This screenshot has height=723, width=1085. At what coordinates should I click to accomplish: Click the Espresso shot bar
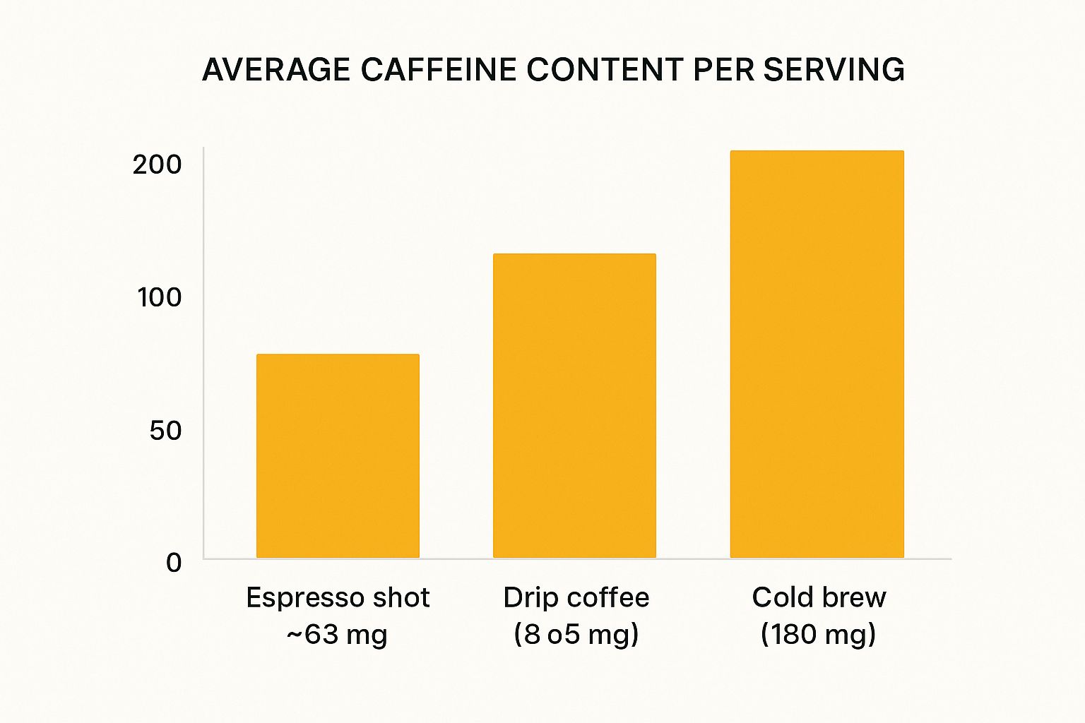coord(338,456)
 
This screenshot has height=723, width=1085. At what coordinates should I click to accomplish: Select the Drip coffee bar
coord(574,406)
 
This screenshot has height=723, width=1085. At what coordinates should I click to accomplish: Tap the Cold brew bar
coord(817,354)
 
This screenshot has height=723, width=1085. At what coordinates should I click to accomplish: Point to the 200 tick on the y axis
coord(157,165)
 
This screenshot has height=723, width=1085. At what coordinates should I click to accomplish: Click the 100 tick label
coord(160,297)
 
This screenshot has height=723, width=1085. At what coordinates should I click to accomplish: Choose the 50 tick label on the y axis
coord(165,430)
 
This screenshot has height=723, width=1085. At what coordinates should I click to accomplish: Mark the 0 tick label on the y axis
coord(174,563)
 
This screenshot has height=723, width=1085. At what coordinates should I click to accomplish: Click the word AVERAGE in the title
coord(276,70)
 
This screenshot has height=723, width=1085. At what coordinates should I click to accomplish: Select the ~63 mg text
coord(337,634)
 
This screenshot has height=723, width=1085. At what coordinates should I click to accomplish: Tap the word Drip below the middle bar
coord(526,598)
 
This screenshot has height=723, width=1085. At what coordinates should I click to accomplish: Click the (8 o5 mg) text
coord(576,634)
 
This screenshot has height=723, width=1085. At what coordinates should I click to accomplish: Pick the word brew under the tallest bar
coord(853,598)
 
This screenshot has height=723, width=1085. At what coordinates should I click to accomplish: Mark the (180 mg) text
coord(818,634)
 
